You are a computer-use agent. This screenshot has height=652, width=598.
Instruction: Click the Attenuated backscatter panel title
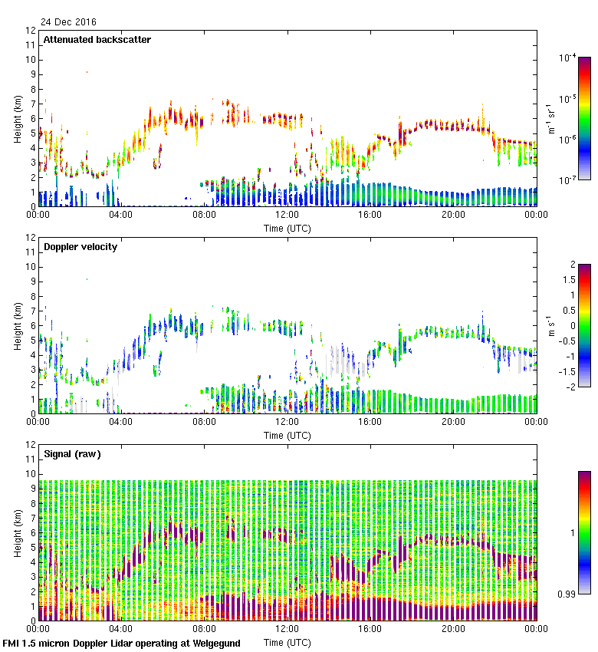(x=97, y=40)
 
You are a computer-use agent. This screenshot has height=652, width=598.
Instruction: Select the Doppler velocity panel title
(x=80, y=247)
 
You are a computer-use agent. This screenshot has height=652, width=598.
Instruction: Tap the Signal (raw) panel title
(x=72, y=454)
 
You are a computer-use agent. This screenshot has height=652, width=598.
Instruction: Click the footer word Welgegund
(x=215, y=644)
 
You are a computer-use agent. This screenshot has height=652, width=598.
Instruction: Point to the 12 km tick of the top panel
(x=31, y=31)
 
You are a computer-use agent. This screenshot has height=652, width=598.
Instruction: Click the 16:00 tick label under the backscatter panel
(x=370, y=215)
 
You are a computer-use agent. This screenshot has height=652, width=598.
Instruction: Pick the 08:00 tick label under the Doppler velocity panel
(x=204, y=422)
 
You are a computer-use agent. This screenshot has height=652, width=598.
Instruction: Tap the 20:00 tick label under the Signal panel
(x=453, y=629)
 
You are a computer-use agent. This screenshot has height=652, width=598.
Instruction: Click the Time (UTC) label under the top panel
(x=287, y=228)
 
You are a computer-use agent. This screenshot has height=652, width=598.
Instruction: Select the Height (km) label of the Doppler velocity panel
(x=18, y=326)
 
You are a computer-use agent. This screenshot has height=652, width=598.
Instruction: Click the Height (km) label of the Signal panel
(x=18, y=533)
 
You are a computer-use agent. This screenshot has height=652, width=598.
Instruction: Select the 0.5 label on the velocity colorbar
(x=568, y=310)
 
